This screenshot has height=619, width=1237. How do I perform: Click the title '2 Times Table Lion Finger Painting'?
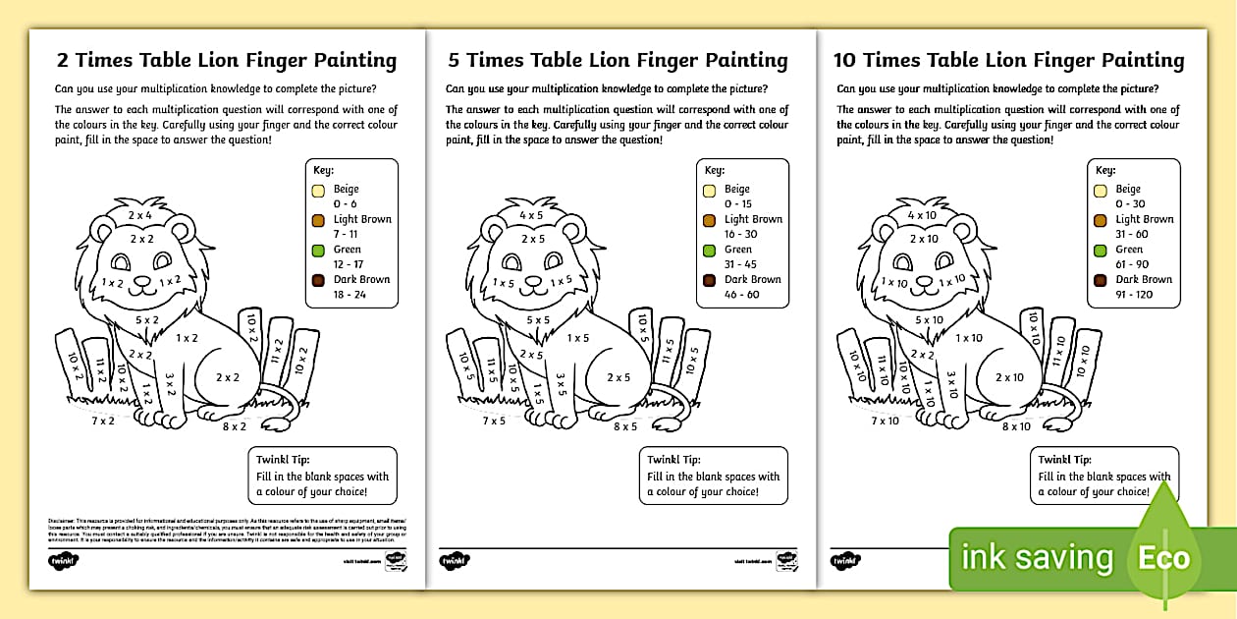[227, 60]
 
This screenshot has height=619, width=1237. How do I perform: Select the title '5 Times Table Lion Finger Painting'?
[618, 60]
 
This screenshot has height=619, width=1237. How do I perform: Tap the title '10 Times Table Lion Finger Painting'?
[1009, 60]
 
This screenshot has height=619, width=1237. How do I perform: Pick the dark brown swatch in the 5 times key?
[710, 280]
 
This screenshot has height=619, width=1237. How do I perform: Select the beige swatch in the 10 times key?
[1101, 191]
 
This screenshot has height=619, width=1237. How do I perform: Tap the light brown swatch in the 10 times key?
[1101, 221]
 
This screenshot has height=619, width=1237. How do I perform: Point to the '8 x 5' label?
[626, 426]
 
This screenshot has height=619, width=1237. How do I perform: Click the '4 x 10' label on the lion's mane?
[922, 215]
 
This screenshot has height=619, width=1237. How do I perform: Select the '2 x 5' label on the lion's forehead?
[533, 239]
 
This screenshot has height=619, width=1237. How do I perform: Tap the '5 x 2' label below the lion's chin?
[147, 319]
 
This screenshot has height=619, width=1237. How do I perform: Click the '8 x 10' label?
[1016, 426]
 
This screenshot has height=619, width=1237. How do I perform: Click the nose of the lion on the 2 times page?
[143, 280]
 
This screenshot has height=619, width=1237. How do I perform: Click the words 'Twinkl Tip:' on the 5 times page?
[673, 459]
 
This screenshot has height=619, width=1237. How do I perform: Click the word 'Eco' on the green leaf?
[1165, 559]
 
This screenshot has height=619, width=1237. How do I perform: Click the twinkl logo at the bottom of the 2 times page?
[64, 560]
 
